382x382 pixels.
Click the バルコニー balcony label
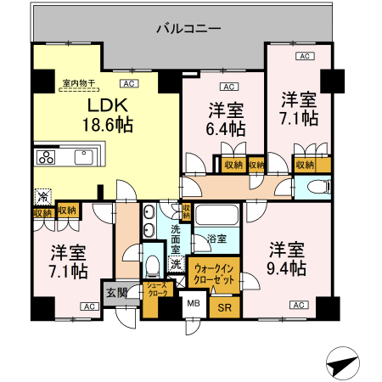(x=188, y=29)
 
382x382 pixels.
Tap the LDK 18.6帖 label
(x=108, y=115)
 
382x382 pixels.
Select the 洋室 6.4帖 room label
(x=226, y=120)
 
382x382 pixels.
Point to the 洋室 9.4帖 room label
(x=287, y=258)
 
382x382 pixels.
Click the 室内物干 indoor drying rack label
(x=79, y=83)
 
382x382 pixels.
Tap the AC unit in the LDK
(x=129, y=84)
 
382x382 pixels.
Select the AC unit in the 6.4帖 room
(x=229, y=87)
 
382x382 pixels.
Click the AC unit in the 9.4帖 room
(x=299, y=305)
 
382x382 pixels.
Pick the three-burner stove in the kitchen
(x=46, y=157)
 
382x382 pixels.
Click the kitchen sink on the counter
(x=84, y=157)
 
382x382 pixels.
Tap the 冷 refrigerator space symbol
(x=43, y=196)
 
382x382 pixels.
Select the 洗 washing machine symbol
(x=177, y=264)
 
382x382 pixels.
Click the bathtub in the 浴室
(x=217, y=215)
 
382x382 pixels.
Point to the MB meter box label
(x=194, y=303)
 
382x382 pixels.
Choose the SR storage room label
(x=225, y=307)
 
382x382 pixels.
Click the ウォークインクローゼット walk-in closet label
(x=214, y=274)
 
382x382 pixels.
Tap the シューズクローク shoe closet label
(x=157, y=289)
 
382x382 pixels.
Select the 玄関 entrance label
(x=116, y=293)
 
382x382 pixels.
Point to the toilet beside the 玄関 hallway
(x=153, y=267)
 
